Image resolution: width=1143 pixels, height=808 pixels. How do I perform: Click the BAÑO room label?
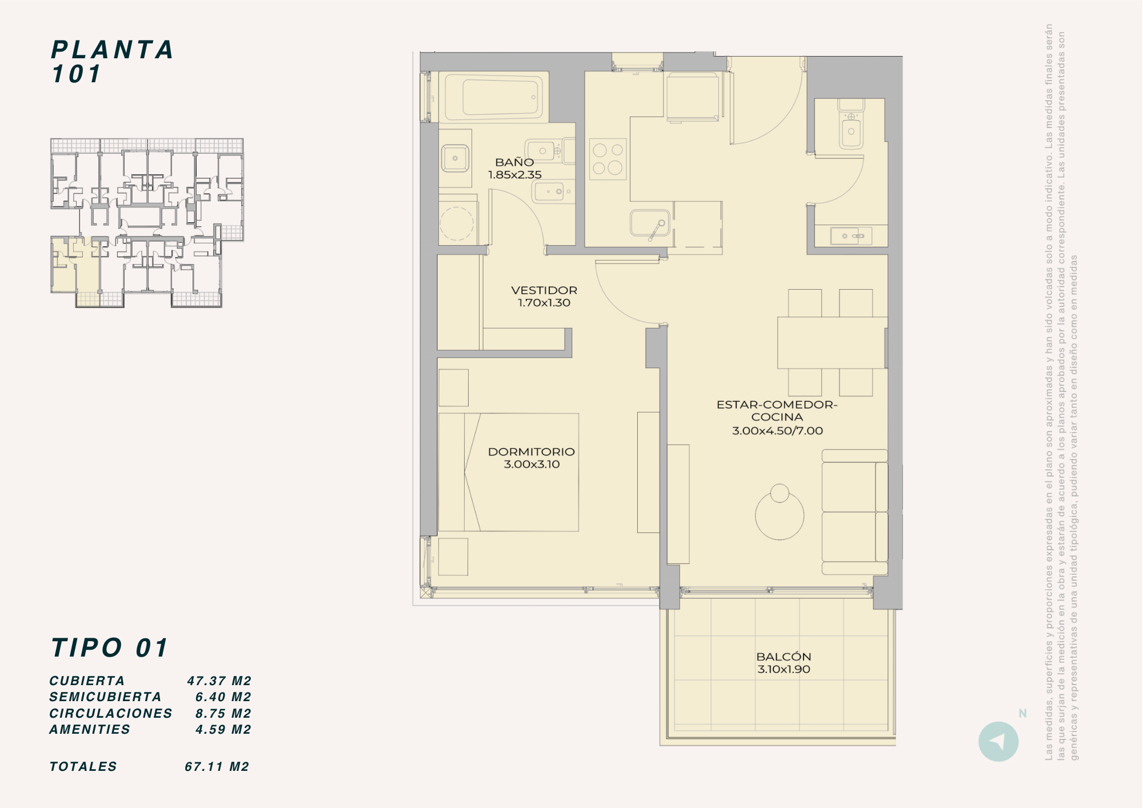(x=514, y=162)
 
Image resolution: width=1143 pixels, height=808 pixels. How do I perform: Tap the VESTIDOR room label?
(x=544, y=290)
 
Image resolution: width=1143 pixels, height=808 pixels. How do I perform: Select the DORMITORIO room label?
(x=531, y=451)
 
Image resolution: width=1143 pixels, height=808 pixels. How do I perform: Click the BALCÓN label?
(x=784, y=657)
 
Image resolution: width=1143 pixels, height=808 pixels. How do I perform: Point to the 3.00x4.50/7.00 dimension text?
(x=777, y=431)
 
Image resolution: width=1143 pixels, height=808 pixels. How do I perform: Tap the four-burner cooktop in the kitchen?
(x=608, y=159)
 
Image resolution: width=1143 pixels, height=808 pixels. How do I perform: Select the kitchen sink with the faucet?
(x=650, y=223)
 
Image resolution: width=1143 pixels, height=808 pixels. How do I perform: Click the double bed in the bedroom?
(x=509, y=473)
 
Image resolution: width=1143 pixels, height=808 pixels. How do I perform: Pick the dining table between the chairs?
(x=832, y=342)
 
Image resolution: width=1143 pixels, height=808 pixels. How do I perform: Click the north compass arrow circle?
(x=998, y=742)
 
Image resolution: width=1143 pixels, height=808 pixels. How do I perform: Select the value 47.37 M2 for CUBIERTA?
(x=219, y=681)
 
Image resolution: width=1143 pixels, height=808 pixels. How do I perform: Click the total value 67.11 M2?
(x=217, y=767)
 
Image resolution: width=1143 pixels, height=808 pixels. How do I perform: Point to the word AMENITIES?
(x=90, y=730)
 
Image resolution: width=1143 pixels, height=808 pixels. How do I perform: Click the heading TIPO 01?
(x=110, y=648)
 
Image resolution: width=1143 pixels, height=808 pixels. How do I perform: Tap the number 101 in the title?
(x=77, y=74)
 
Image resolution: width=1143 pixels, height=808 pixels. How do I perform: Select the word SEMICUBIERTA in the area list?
(x=106, y=697)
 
